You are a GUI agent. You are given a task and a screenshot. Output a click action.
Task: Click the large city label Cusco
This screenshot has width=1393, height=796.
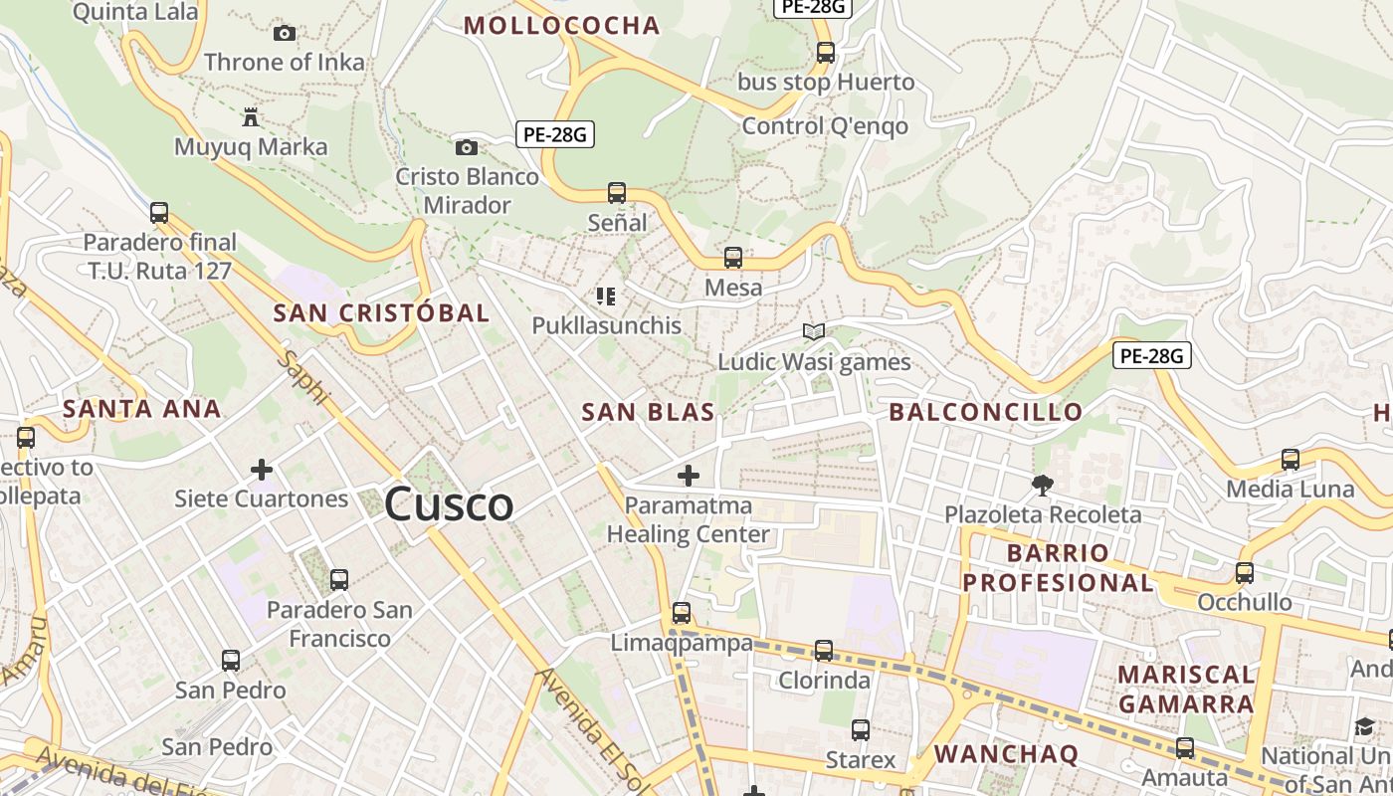[x=449, y=503]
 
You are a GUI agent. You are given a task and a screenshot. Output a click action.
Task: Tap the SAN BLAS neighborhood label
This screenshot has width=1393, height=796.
[x=648, y=412]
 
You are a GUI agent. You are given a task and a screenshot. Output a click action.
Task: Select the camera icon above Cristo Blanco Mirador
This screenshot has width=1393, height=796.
[x=466, y=148]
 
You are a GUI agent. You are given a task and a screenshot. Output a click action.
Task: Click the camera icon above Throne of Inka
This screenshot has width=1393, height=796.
[x=285, y=34]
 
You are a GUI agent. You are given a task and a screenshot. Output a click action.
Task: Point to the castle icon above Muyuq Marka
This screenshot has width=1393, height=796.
[x=251, y=117]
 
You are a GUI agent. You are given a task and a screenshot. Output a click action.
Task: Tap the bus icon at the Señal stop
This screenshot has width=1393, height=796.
[x=617, y=193]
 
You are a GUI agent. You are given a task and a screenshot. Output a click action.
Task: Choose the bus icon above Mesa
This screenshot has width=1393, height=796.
[x=733, y=258]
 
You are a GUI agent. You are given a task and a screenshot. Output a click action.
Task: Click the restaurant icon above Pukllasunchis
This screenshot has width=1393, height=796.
[x=605, y=296]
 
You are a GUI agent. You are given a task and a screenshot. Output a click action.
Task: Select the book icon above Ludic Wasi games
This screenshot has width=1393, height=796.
[x=814, y=331]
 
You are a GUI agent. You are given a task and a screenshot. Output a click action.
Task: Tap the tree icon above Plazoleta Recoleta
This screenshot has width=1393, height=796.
[x=1042, y=485]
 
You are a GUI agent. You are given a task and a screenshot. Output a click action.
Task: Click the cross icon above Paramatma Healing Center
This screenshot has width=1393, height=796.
[x=688, y=476]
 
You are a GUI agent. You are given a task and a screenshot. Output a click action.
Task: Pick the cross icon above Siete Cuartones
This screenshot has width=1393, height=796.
[x=262, y=469]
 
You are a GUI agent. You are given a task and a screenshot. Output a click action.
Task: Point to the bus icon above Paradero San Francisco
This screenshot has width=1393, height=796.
[x=339, y=579]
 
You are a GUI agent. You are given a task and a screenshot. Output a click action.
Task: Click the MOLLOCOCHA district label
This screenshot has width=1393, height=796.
[x=562, y=26]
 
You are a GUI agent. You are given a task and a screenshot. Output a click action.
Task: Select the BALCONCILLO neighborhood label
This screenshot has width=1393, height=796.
[x=985, y=412]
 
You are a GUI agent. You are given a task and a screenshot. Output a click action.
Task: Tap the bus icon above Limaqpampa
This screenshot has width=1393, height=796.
[x=682, y=613]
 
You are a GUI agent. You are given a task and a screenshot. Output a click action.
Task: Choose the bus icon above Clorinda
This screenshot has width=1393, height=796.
[x=824, y=651]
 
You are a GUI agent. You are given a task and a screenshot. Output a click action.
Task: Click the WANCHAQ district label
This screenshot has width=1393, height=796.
[x=1005, y=753]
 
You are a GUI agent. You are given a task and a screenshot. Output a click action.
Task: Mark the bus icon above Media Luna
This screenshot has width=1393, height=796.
[x=1291, y=460]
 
